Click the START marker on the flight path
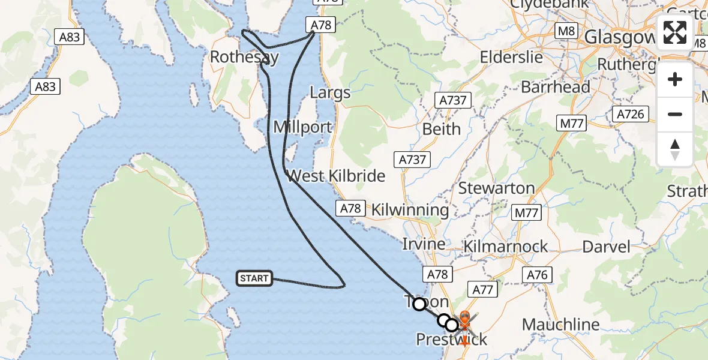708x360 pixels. coord(254,278)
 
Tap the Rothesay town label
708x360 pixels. coord(244,57)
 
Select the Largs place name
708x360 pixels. coord(330,93)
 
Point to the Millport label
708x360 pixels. coord(302,127)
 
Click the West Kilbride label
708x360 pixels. coord(336,176)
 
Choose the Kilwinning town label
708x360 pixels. coord(410,210)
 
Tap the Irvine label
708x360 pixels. coord(424,244)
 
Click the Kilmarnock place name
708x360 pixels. coord(506,246)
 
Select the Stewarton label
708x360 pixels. coord(496,188)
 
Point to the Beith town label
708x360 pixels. coord(442,129)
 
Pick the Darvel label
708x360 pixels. coord(607,247)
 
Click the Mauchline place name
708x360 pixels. coord(560,325)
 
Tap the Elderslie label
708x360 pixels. coord(511,58)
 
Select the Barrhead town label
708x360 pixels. coord(556,87)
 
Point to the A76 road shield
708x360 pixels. coord(537,275)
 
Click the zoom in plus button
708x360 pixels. coord(675,79)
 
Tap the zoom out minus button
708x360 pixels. coord(675,114)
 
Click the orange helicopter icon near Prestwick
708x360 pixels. coord(464,321)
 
